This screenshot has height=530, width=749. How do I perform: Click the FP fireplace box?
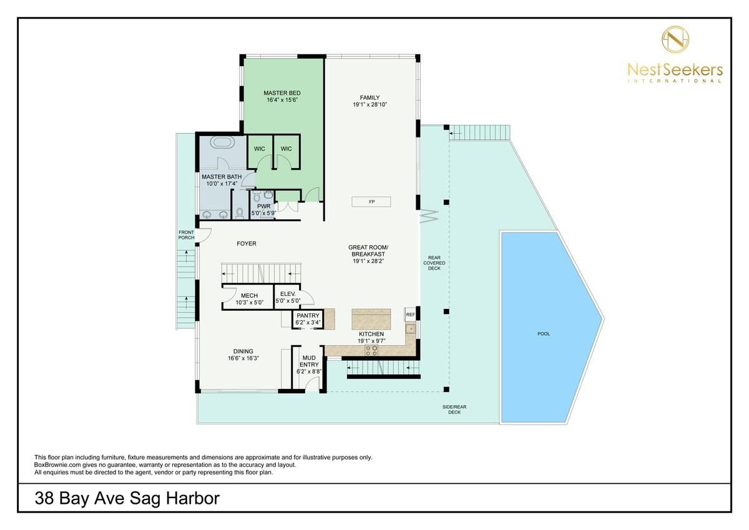[x=371, y=202]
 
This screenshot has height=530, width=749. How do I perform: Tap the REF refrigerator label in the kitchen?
[x=410, y=315]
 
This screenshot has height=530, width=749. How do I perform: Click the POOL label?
[x=544, y=334]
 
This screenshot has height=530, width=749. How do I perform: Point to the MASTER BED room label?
[x=282, y=93]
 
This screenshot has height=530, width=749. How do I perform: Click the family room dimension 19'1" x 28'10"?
[x=370, y=105]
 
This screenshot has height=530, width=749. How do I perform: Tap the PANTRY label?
[x=308, y=316]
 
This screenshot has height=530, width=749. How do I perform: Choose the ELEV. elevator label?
[x=288, y=294]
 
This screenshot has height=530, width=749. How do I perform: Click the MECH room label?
[x=250, y=296]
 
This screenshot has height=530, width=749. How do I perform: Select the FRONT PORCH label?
[x=186, y=235]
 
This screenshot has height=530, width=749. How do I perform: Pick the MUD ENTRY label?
[x=309, y=361]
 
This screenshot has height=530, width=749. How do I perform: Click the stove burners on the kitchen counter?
[x=371, y=350]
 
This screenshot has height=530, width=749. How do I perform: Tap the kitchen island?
[x=371, y=320]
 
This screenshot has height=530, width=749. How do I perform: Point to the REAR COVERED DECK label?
[x=434, y=263]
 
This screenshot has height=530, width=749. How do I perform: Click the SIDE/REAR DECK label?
[x=454, y=410]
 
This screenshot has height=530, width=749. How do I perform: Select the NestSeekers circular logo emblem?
[x=675, y=39]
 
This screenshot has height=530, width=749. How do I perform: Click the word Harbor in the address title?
[x=193, y=498]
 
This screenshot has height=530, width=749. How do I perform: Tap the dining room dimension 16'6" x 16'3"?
[x=243, y=358]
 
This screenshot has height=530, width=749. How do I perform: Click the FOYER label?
[x=247, y=243]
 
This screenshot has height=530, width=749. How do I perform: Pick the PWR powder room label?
[x=264, y=206]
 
